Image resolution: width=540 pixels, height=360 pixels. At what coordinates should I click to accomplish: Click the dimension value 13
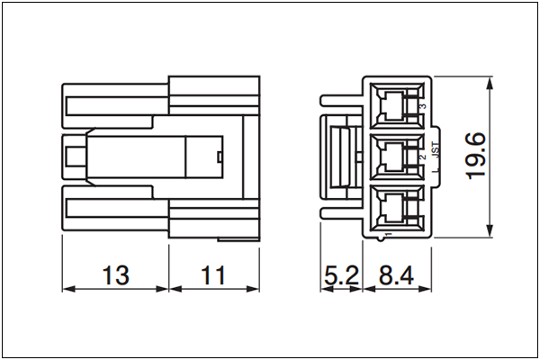pyautogui.click(x=116, y=275)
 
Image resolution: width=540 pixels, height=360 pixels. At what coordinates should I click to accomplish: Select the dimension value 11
pyautogui.click(x=213, y=275)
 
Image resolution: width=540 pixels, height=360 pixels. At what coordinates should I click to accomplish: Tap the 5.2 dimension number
pyautogui.click(x=341, y=275)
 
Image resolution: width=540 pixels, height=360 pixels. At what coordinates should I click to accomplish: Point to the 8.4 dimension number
pyautogui.click(x=396, y=275)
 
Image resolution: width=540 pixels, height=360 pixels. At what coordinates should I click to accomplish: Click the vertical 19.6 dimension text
pyautogui.click(x=475, y=156)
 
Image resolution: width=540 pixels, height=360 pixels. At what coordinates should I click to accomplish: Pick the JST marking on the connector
pyautogui.click(x=436, y=150)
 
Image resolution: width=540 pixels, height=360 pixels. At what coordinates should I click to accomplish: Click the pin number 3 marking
pyautogui.click(x=424, y=106)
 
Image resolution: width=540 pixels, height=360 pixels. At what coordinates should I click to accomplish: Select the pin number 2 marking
pyautogui.click(x=423, y=157)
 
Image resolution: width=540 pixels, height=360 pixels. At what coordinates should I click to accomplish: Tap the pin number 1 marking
pyautogui.click(x=389, y=234)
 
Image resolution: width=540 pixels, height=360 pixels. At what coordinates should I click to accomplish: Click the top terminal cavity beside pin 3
pyautogui.click(x=397, y=105)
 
